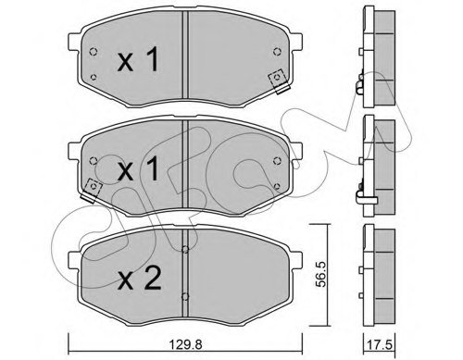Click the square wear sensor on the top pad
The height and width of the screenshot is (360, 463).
(275, 79)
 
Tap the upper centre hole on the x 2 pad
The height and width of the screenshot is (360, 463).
(186, 248)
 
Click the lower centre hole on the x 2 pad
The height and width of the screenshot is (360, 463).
(186, 297)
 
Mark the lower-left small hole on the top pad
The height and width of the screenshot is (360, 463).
(96, 78)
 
